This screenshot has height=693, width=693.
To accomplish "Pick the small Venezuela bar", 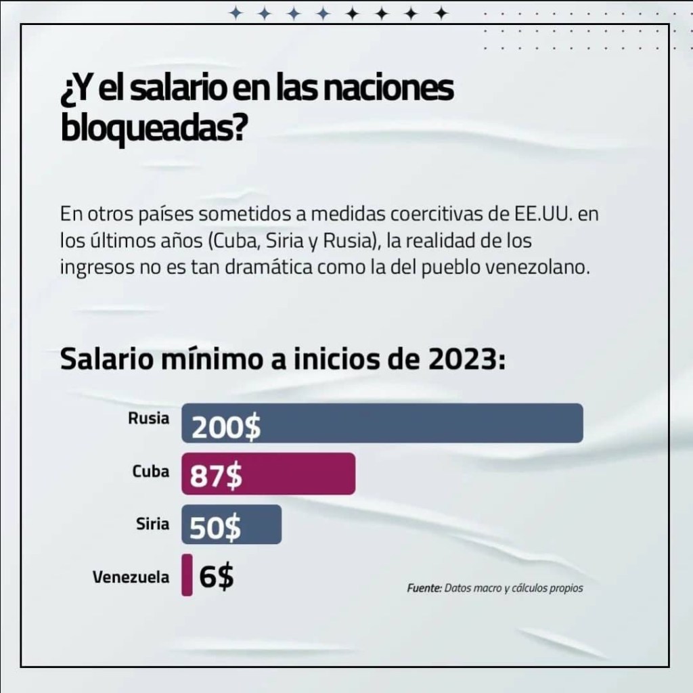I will tap(187, 576).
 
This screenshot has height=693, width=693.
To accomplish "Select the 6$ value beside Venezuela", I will tap(217, 577).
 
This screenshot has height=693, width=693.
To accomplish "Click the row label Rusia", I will tap(148, 418).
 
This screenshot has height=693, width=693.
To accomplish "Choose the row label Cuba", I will tap(151, 472).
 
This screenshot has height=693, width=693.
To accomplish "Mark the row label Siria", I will tap(152, 524).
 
